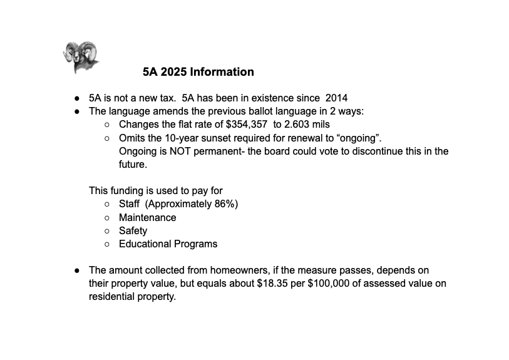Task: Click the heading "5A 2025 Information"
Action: pos(198,72)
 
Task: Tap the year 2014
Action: pos(336,98)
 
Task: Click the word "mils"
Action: pos(321,125)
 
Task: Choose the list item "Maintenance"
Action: pos(147,217)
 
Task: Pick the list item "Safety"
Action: pos(133,230)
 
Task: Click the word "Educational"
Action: pos(145,244)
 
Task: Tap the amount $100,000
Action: pos(332,284)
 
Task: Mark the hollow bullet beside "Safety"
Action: pos(108,230)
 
